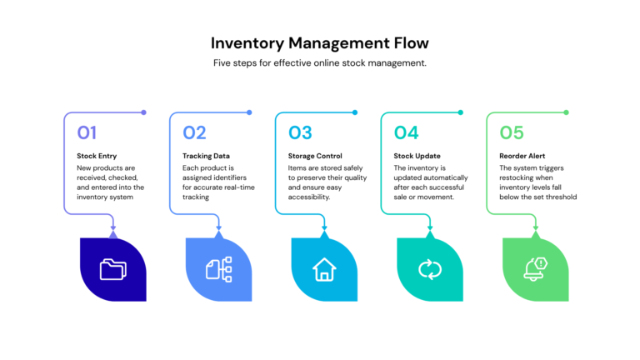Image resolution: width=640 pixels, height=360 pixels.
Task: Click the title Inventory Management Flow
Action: coord(320,42)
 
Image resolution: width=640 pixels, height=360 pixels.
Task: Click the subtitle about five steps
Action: coord(320,63)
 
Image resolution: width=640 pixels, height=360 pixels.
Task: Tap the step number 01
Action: coord(87,132)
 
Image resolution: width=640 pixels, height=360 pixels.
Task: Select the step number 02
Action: coord(194,132)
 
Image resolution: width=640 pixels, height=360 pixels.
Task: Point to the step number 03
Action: coord(300,132)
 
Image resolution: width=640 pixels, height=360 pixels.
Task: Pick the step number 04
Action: coord(406,132)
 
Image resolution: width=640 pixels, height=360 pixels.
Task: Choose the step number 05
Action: coord(512,132)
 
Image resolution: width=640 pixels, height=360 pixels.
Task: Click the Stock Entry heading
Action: coord(97,156)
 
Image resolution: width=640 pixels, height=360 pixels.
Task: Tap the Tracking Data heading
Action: coord(206,156)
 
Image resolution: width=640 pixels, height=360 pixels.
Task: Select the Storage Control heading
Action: coord(315,156)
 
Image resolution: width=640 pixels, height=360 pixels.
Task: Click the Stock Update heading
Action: coord(417,156)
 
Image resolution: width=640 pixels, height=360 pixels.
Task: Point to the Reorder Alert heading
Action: coord(523,156)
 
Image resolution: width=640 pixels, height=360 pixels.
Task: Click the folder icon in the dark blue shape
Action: coord(112,269)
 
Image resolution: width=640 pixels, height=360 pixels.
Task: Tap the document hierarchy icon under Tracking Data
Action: coord(218,269)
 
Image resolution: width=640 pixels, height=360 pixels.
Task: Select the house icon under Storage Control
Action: coord(323,269)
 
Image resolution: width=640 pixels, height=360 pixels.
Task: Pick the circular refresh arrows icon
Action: coord(429,269)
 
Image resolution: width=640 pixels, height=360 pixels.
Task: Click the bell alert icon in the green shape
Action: coord(535,268)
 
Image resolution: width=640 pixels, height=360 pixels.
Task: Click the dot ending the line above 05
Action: coord(566,112)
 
